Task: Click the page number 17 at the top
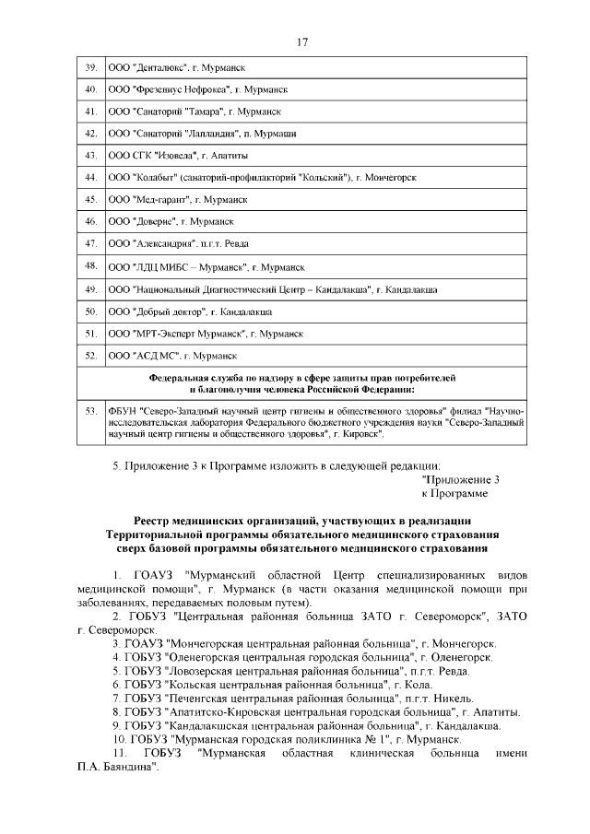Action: click(x=301, y=41)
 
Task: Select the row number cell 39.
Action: click(x=91, y=68)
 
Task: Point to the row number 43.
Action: click(x=91, y=155)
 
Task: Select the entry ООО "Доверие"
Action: click(x=171, y=221)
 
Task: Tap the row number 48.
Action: click(x=91, y=266)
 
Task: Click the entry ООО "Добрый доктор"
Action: click(x=197, y=311)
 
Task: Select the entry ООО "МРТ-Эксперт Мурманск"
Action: click(x=206, y=333)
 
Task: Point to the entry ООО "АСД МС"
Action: click(x=172, y=355)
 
